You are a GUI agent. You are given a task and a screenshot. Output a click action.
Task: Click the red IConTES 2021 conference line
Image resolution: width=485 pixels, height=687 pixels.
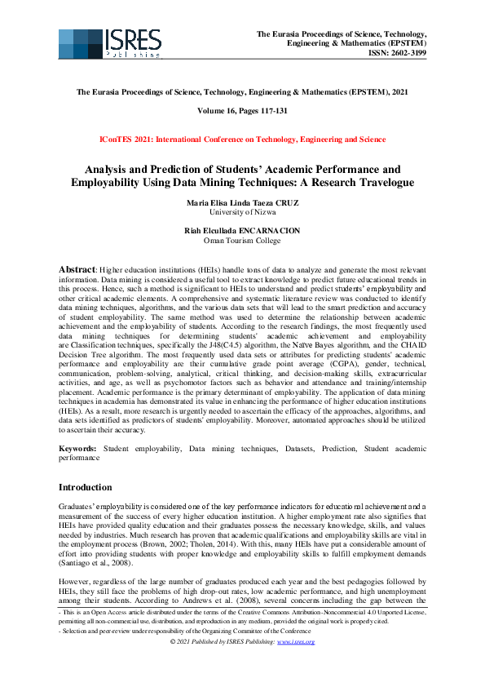[242, 140]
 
